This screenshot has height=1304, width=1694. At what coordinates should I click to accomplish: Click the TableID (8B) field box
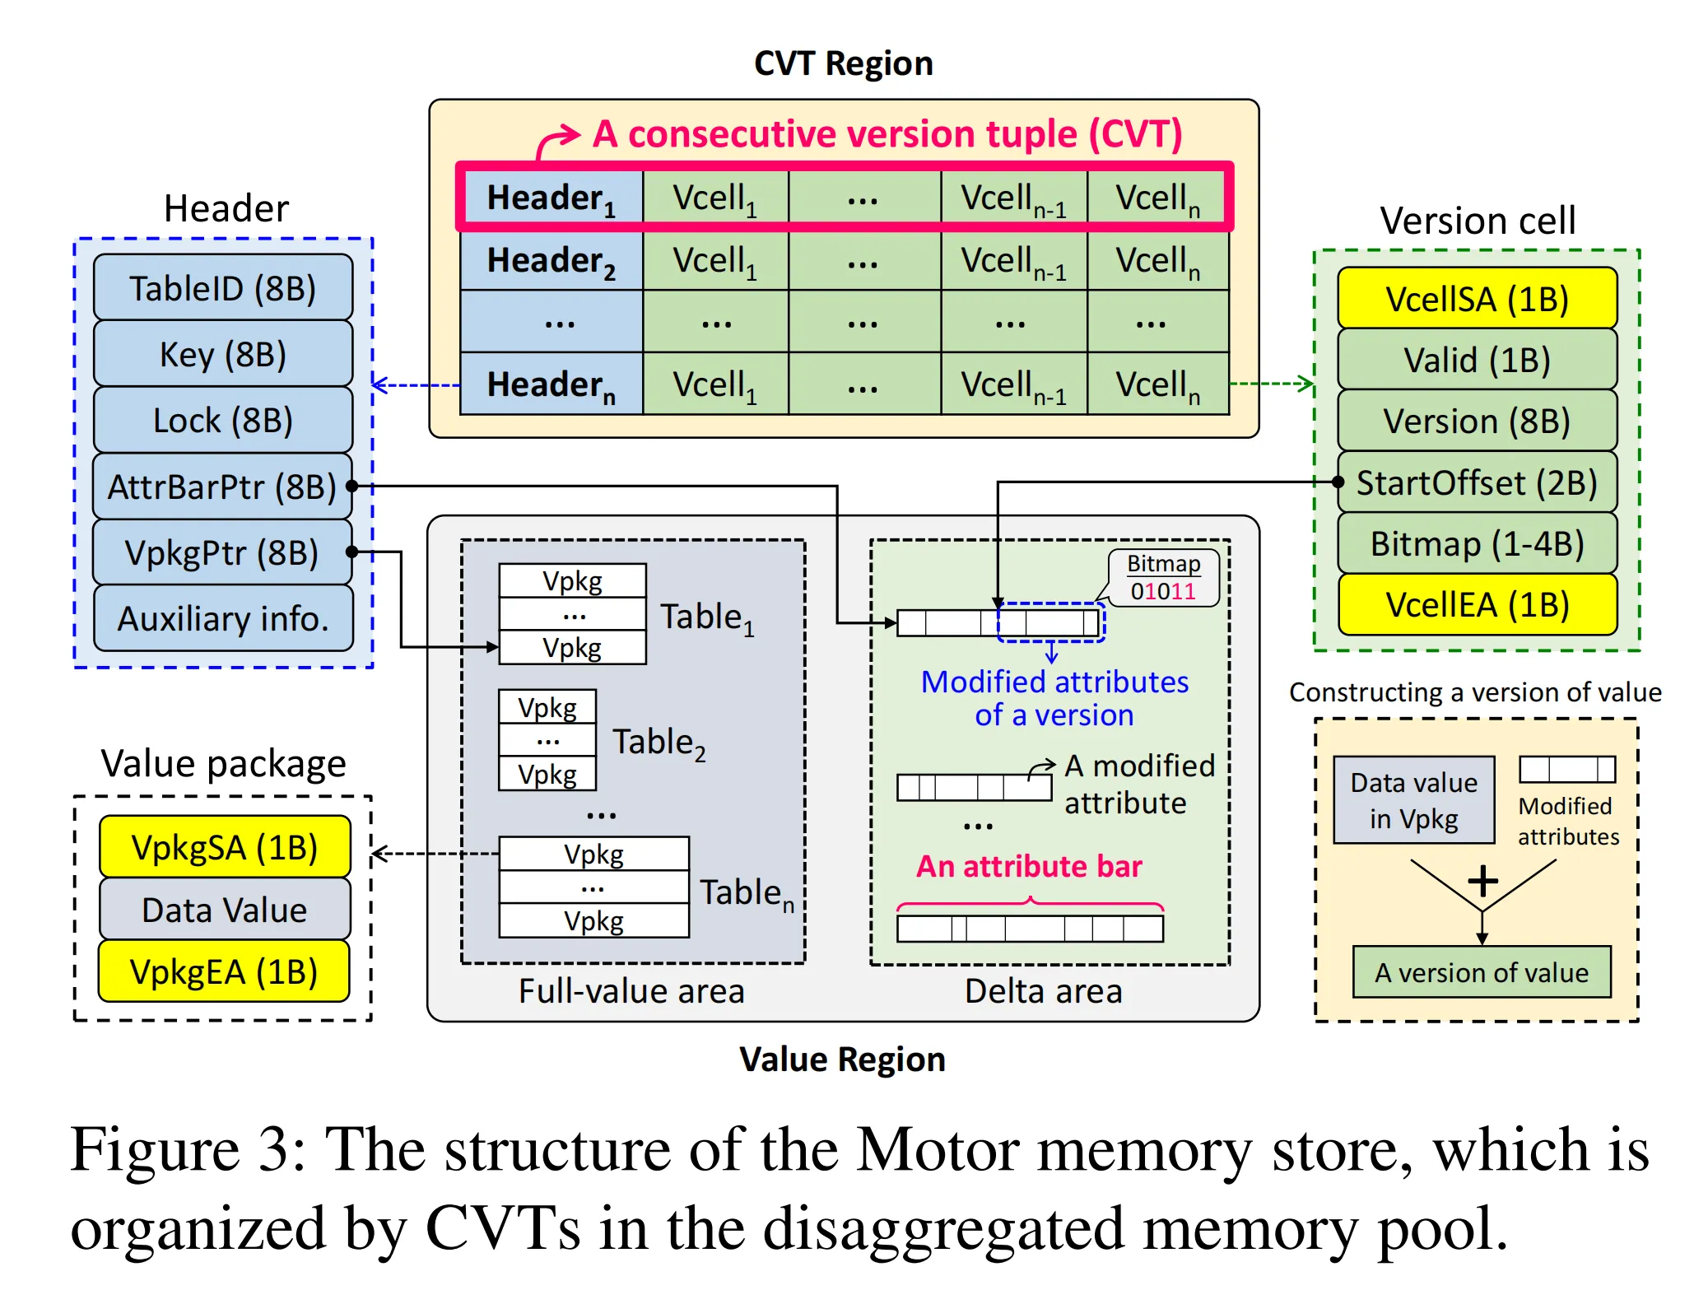[223, 288]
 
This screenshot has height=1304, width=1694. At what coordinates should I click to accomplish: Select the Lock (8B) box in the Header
[223, 420]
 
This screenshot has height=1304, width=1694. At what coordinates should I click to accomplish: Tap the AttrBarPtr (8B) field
[223, 487]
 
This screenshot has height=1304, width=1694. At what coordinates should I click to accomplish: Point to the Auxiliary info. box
[223, 618]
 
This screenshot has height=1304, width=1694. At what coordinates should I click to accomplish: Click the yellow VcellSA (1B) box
[1477, 299]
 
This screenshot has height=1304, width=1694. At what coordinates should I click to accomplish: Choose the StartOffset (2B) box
[1477, 482]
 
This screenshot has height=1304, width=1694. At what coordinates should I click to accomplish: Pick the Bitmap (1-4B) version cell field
[1477, 543]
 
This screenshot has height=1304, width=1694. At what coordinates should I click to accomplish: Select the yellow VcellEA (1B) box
[1477, 604]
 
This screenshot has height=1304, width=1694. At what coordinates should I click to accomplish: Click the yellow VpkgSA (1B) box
[224, 847]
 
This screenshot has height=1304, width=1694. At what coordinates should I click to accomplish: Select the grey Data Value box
[224, 910]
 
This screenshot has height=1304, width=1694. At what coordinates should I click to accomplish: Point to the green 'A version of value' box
[1482, 972]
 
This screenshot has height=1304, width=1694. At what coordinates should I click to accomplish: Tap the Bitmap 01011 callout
[1163, 578]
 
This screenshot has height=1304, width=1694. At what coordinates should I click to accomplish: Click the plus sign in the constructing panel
[1482, 881]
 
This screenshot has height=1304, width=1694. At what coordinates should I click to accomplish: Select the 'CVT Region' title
[844, 63]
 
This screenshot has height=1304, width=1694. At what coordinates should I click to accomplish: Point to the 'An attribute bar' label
[1029, 866]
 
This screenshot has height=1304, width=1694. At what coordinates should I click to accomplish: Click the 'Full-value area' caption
[631, 991]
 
